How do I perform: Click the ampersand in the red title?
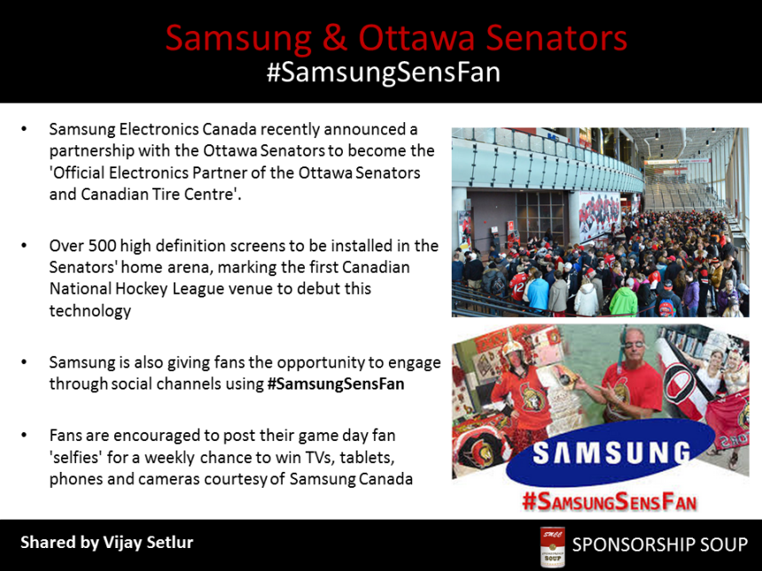(334, 38)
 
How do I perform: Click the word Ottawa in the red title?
(416, 38)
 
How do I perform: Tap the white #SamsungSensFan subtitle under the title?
(384, 73)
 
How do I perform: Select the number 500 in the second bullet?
(102, 246)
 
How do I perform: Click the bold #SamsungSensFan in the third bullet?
(336, 383)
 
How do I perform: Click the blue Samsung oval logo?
(610, 452)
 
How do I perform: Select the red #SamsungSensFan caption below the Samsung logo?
(610, 502)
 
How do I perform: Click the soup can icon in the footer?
(553, 546)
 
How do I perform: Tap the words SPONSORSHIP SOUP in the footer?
(660, 544)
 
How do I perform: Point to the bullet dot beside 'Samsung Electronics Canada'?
(24, 129)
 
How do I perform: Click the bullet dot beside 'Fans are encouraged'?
(24, 435)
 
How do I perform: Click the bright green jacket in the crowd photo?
(623, 301)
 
